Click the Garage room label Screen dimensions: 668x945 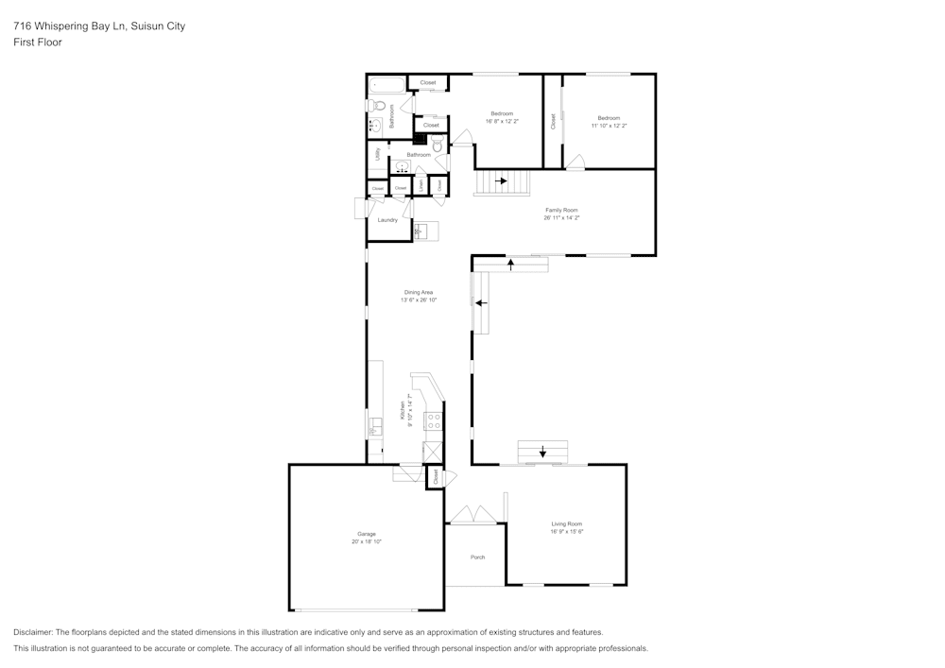point(366,534)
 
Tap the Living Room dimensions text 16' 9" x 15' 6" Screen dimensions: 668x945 point(567,532)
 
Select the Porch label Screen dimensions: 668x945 point(477,557)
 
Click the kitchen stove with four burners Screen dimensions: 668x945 point(434,421)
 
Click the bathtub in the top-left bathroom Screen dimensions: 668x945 point(387,84)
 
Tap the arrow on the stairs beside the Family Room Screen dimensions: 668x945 point(503,180)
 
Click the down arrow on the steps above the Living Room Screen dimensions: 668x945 point(542,453)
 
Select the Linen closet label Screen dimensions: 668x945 point(421,186)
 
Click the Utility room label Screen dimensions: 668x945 point(378,153)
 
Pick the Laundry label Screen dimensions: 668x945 point(387,220)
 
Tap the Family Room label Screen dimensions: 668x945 point(561,210)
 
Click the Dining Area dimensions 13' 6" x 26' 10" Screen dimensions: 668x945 point(419,300)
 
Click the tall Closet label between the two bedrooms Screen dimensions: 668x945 point(553,121)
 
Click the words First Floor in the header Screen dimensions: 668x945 point(38,43)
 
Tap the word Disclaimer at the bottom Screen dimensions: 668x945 point(33,632)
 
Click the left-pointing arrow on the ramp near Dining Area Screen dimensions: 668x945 point(481,303)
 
